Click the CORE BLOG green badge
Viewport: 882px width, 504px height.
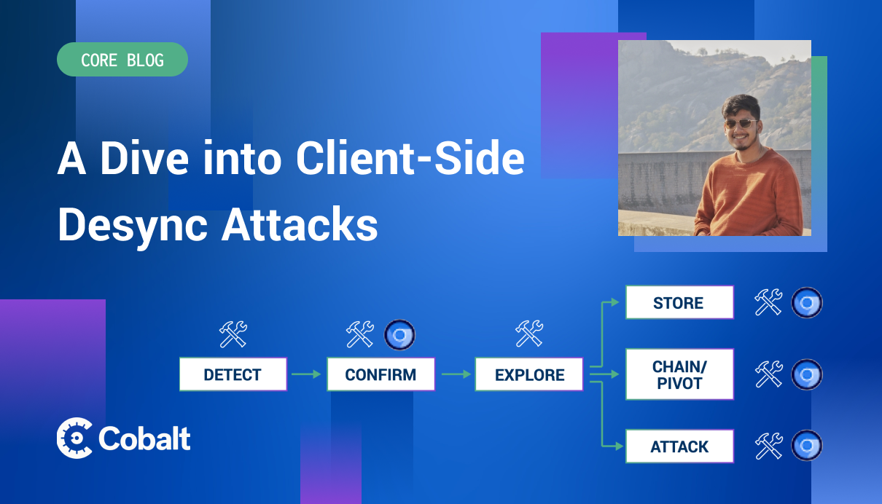[122, 60]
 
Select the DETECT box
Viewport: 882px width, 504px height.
[233, 374]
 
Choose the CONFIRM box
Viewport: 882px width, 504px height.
[380, 374]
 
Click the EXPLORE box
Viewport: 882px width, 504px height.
[529, 374]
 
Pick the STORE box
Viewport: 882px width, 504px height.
[679, 302]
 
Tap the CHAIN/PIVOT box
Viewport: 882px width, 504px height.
[679, 374]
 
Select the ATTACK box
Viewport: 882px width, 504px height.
[679, 446]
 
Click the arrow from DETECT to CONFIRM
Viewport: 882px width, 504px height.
[306, 374]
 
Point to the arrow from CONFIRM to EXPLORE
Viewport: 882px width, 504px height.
[456, 374]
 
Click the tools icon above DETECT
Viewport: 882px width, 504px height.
[233, 334]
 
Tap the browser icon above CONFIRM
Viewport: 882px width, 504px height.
[399, 334]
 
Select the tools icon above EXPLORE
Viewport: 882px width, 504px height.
[529, 334]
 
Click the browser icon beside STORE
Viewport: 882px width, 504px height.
[807, 302]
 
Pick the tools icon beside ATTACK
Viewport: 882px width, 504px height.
[768, 446]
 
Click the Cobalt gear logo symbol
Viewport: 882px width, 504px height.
[74, 438]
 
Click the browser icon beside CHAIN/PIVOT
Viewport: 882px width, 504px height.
[807, 374]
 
